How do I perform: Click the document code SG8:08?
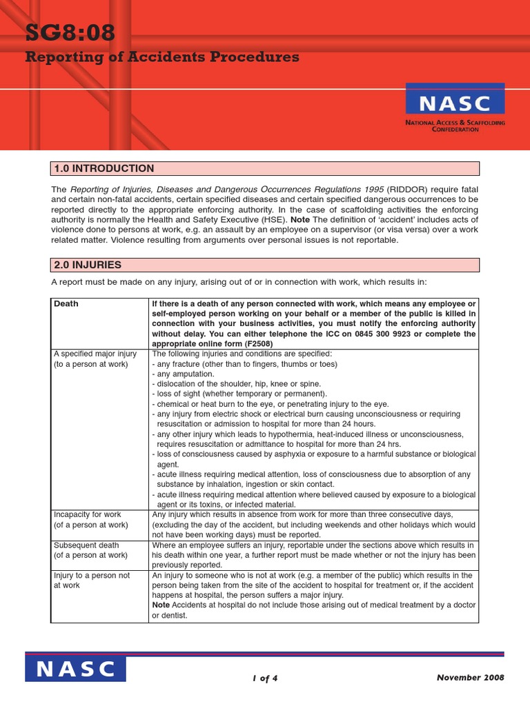[70, 32]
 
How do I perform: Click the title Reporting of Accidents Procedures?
[162, 57]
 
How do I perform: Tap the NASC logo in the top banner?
[455, 103]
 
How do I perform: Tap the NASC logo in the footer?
[76, 669]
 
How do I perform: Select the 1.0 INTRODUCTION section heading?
[104, 169]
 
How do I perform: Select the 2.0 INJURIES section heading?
[87, 265]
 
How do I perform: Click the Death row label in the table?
[66, 304]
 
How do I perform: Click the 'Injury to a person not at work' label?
[91, 580]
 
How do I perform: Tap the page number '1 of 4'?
[265, 678]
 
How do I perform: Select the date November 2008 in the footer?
[470, 677]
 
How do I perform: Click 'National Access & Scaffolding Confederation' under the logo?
[455, 126]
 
